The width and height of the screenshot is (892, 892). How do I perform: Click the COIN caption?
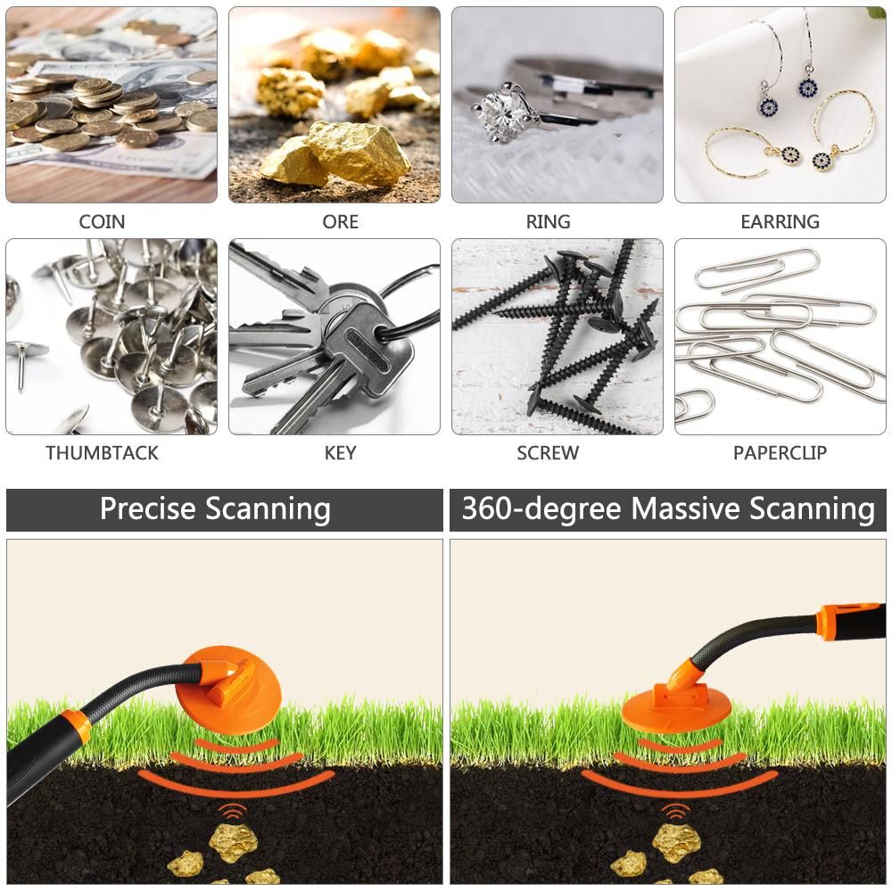click(x=102, y=221)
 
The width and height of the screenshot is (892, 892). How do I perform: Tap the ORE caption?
click(x=340, y=221)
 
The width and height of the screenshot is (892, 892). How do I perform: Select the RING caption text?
click(x=548, y=221)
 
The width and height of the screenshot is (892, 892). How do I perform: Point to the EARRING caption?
click(x=780, y=221)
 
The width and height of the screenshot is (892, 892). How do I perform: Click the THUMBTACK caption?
click(x=102, y=453)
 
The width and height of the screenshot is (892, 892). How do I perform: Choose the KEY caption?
click(x=340, y=453)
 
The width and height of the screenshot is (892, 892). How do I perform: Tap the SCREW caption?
click(x=548, y=453)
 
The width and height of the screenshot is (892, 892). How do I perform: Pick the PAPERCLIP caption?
click(x=780, y=453)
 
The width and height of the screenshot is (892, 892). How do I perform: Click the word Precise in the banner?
click(x=148, y=508)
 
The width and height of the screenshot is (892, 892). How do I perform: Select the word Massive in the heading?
click(x=686, y=508)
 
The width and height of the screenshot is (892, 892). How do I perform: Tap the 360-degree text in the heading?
click(x=541, y=509)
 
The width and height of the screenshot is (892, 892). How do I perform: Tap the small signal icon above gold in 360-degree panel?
click(x=675, y=811)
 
